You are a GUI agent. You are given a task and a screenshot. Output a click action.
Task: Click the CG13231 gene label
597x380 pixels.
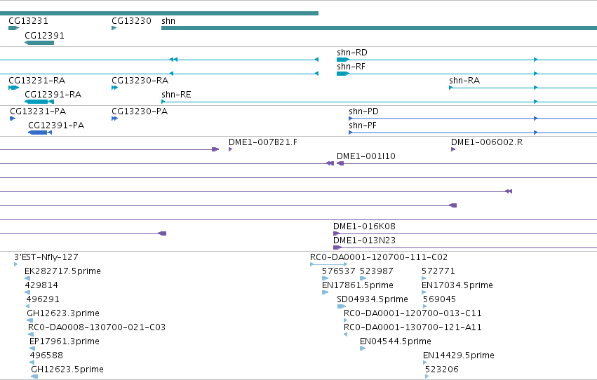(28, 21)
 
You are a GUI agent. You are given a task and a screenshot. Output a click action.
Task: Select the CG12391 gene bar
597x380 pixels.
(39, 43)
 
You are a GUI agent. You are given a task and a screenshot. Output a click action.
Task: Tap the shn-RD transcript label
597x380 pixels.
(351, 53)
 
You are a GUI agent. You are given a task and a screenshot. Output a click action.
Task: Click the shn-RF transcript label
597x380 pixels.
(351, 67)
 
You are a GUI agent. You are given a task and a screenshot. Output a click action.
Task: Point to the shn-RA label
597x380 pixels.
(464, 81)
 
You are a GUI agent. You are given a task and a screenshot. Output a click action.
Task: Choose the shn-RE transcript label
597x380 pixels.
(176, 95)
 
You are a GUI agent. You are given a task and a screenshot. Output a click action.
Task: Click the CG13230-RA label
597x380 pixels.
(140, 81)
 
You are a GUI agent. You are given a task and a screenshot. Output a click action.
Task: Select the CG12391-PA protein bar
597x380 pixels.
(40, 133)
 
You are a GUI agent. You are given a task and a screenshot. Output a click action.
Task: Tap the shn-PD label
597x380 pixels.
(363, 111)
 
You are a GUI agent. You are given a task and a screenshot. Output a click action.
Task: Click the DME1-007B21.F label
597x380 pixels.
(262, 142)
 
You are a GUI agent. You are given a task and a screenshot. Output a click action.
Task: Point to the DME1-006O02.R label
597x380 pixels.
(487, 142)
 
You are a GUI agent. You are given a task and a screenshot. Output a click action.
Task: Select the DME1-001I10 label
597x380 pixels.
(366, 156)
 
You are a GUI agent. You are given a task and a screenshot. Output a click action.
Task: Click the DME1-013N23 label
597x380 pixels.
(364, 240)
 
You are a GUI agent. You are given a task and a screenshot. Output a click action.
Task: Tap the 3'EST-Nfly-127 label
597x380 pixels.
(46, 257)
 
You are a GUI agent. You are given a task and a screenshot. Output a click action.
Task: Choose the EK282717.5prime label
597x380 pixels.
(62, 271)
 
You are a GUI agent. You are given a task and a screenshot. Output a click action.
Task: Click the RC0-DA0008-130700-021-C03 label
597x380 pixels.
(97, 327)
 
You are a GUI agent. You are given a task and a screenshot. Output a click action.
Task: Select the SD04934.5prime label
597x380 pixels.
(373, 299)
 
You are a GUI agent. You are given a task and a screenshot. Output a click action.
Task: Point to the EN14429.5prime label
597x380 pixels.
(458, 355)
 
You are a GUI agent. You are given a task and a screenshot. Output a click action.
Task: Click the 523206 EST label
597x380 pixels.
(442, 369)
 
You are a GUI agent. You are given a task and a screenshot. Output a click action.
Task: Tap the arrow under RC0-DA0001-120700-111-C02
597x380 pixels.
(328, 264)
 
